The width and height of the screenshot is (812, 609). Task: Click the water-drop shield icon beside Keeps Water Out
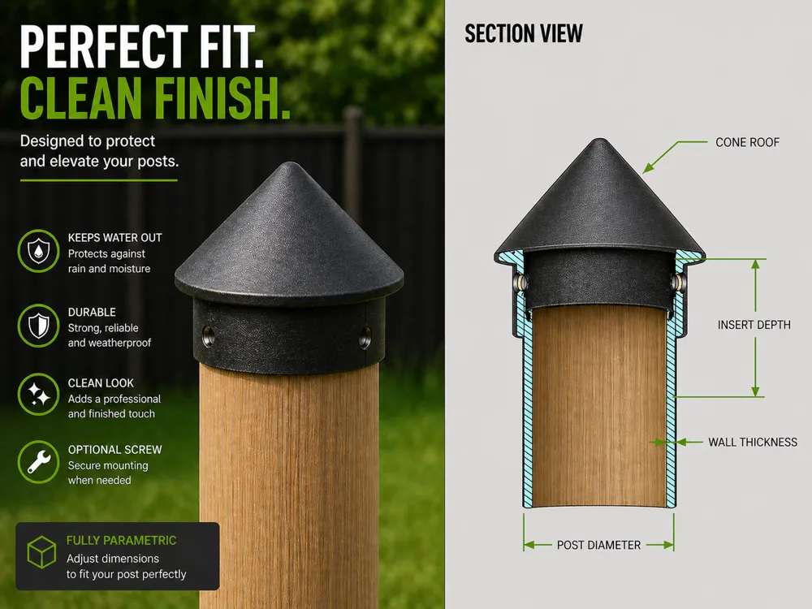pos(38,251)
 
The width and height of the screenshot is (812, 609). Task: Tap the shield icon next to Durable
pos(38,326)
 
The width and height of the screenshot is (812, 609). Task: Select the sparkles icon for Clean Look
pos(38,395)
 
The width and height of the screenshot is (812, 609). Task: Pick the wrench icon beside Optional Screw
pos(38,462)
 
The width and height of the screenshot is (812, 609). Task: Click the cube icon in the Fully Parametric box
pos(41,552)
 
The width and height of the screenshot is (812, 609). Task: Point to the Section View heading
pos(524,34)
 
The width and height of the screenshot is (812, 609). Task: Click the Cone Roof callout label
pos(747,142)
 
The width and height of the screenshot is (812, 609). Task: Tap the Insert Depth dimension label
pos(754,325)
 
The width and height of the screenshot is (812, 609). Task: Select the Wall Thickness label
pos(753,443)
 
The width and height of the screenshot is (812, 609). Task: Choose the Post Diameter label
pos(598,545)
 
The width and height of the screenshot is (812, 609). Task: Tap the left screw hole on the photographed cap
pos(208,334)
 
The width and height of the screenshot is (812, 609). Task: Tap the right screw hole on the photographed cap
pos(365,335)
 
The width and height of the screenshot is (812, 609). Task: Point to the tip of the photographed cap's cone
pos(290,164)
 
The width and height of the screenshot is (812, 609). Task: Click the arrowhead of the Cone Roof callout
pos(648,168)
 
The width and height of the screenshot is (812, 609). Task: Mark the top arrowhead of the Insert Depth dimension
pos(755,264)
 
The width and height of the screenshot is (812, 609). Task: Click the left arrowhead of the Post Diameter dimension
pos(529,545)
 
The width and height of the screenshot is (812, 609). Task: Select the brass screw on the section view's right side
pos(677,283)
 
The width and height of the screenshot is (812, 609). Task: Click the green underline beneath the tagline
pos(98,180)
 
